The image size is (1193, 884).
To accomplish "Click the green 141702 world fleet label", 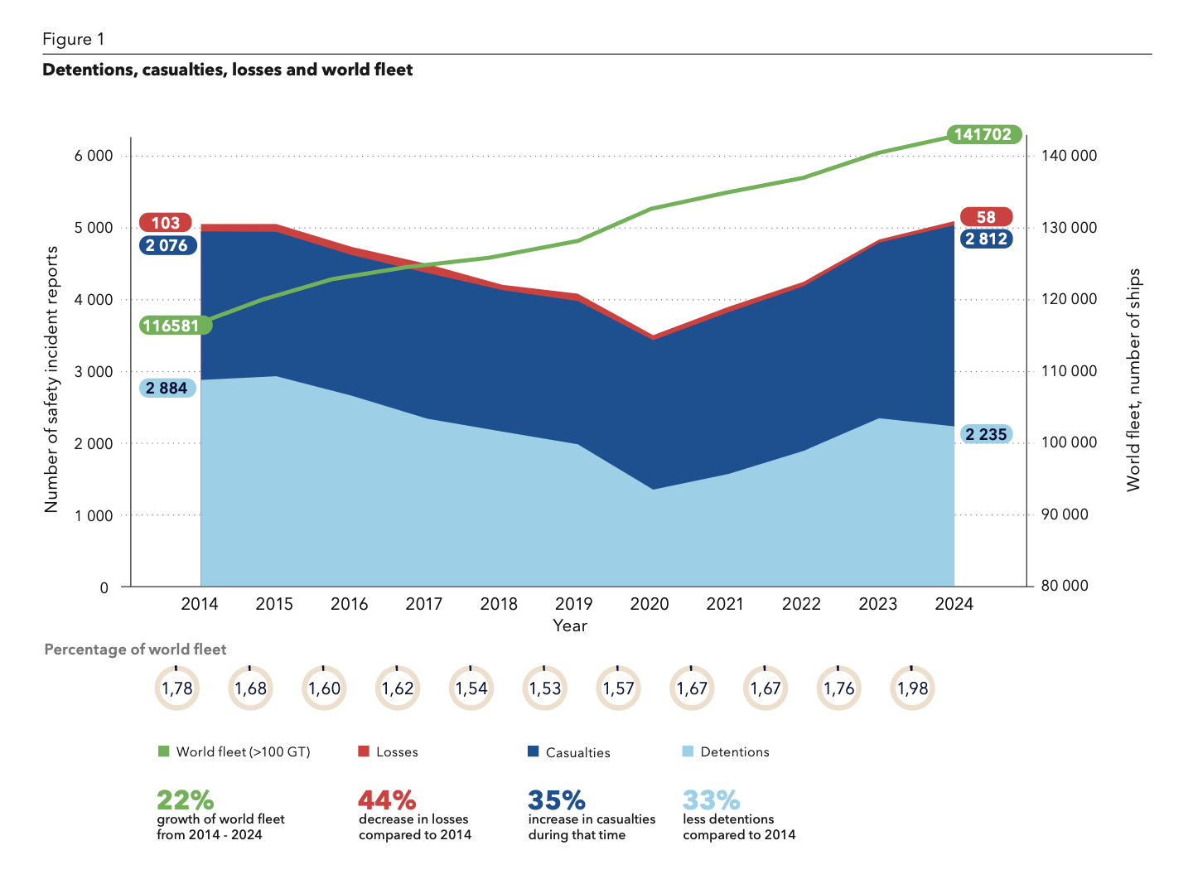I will (983, 134).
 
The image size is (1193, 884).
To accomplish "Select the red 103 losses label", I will (166, 223).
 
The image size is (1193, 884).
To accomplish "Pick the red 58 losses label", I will (986, 217).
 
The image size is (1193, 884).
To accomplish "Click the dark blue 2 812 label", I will (986, 239).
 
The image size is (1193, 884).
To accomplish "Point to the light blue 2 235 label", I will (986, 434).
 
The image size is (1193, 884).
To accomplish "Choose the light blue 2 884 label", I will (167, 389).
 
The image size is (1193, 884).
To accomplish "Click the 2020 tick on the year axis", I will (650, 604).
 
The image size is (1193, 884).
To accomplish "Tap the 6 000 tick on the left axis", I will (94, 156).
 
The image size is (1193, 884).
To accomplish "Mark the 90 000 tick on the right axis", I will (1064, 514).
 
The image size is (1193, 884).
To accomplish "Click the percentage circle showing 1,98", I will (913, 688).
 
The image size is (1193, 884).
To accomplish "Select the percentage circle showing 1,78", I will (176, 688).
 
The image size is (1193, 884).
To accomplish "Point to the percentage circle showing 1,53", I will (545, 688).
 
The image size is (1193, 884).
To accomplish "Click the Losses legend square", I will (364, 751).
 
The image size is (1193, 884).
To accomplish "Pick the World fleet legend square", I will (163, 751).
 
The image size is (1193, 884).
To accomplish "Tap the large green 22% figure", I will (186, 800).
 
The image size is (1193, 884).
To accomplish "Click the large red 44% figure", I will (387, 800).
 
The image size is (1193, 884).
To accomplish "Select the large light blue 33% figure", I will (711, 800).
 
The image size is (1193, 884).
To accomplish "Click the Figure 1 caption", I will (74, 40).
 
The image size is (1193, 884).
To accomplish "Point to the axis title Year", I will (570, 626).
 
